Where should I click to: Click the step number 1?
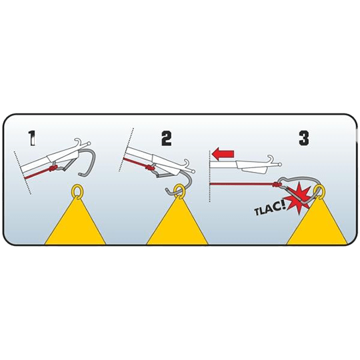point(32,138)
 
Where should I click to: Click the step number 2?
point(167,138)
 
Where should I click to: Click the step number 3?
point(304,138)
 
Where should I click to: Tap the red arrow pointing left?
point(223,153)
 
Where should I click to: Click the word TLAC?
point(269,210)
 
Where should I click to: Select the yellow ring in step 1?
point(77,191)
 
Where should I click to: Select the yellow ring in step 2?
point(178,191)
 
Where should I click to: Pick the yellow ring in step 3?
point(319,191)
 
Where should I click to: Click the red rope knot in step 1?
point(53,169)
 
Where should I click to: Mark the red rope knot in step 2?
point(149,168)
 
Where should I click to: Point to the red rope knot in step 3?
point(277,185)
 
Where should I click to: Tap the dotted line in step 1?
point(23,173)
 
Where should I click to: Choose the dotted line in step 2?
point(125,150)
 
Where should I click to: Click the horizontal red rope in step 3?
point(241,184)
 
